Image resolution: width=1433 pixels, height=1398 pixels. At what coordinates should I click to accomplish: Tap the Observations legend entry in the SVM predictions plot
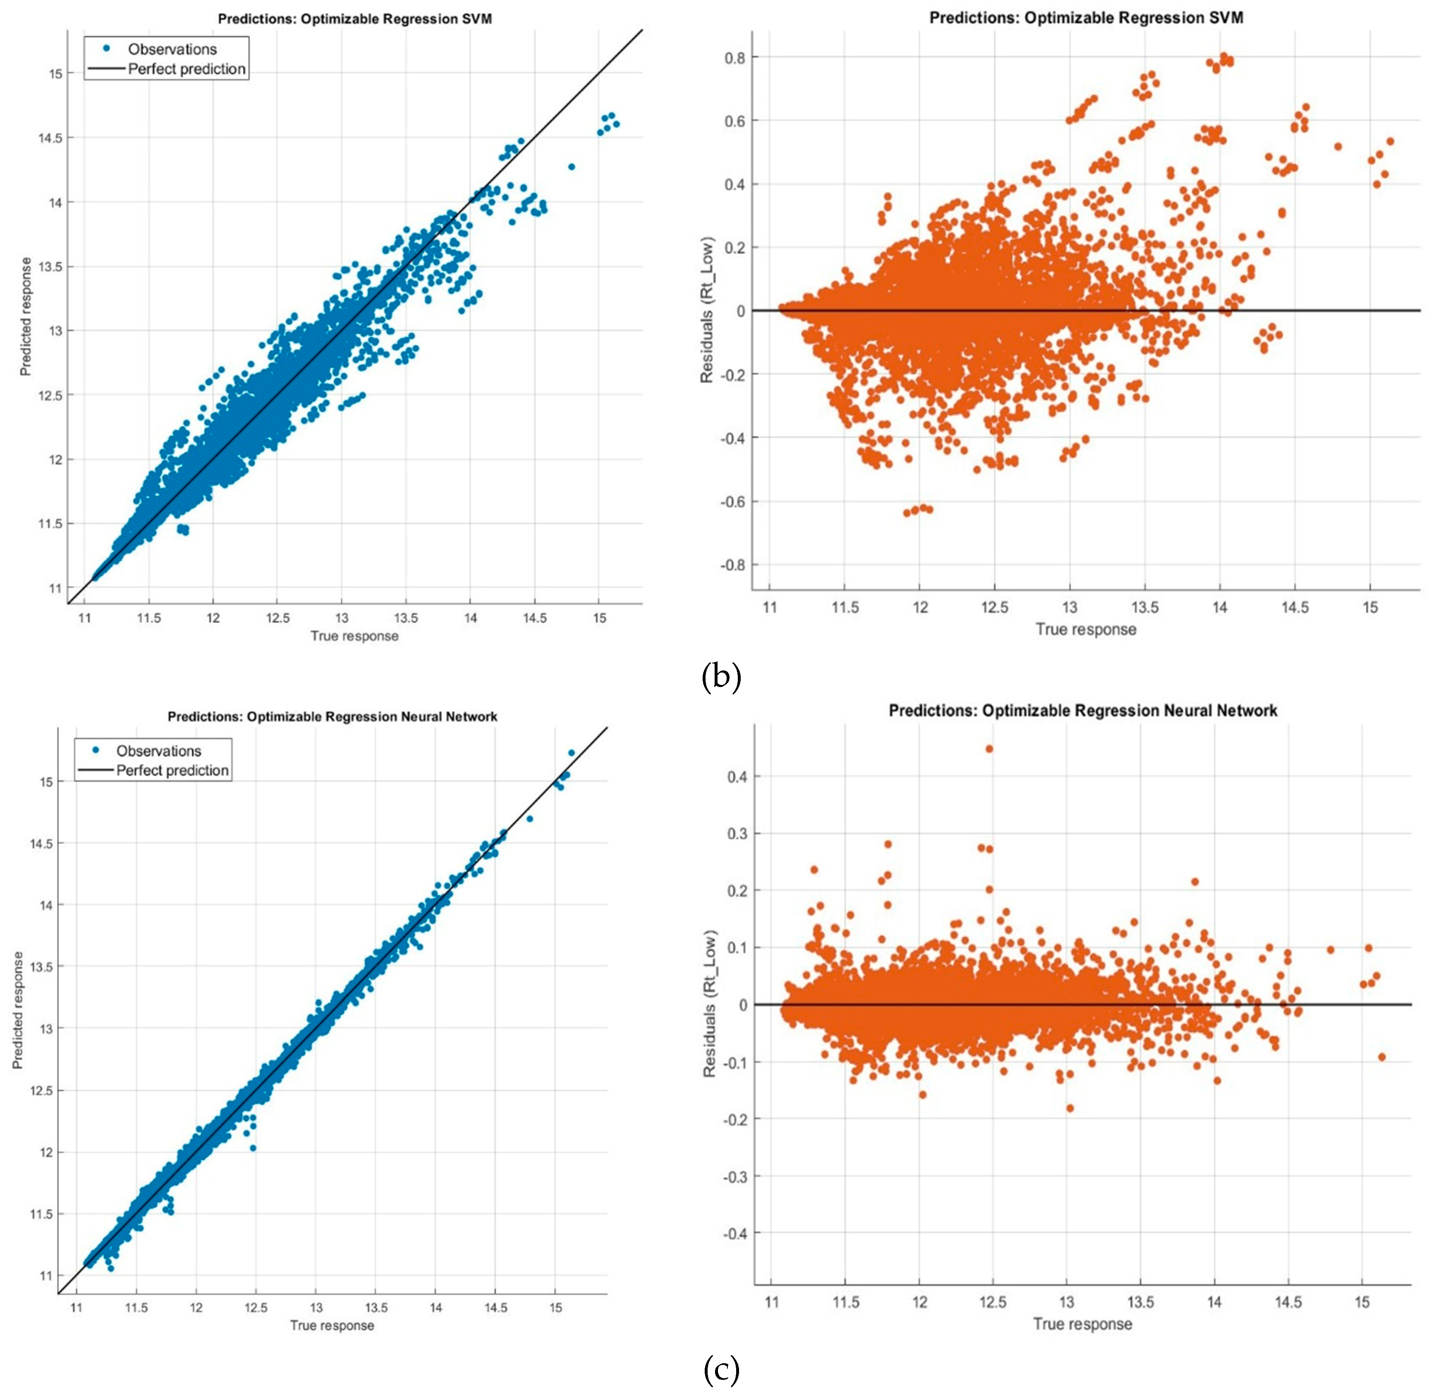pos(172,49)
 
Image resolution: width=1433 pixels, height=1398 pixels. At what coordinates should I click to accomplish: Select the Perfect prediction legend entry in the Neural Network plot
pos(172,770)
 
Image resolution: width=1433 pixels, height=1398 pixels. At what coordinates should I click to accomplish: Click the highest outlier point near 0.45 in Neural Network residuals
pos(989,749)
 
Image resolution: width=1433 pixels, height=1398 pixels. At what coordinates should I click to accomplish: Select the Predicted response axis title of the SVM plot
pos(26,317)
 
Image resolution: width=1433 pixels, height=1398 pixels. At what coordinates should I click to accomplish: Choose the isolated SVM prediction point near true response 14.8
pos(572,167)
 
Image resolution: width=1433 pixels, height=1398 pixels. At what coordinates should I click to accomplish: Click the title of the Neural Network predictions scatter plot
pos(332,717)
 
